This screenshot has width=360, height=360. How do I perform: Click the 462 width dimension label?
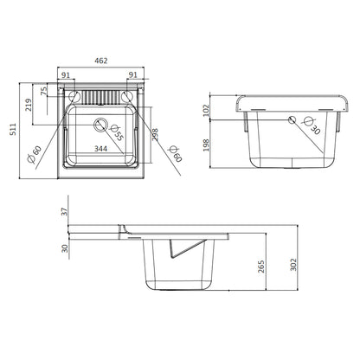coord(101,61)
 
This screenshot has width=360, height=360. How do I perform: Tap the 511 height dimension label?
coord(13,129)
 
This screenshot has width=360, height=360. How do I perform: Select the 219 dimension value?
coord(29,105)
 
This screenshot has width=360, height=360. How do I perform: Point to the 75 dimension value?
coord(44,91)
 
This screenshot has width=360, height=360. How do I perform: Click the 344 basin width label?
coord(101,149)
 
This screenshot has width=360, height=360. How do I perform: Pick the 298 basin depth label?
coord(155,135)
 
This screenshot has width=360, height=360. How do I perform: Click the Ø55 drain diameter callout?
coord(117,132)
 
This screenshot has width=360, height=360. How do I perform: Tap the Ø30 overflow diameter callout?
coord(312,125)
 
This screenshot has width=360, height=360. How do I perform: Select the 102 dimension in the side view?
coord(206,111)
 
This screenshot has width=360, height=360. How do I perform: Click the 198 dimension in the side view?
coord(206,145)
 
